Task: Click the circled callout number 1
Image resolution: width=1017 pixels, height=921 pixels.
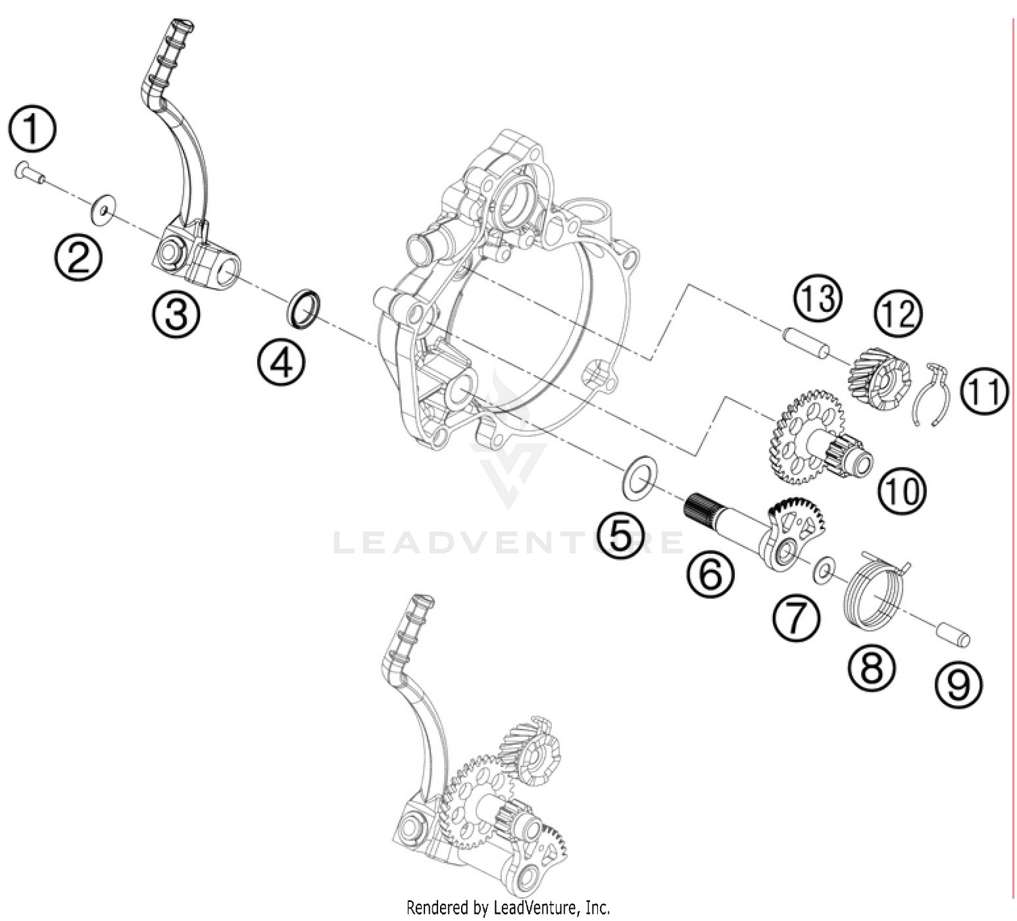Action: pyautogui.click(x=32, y=131)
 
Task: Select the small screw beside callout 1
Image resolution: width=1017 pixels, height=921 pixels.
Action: pyautogui.click(x=28, y=174)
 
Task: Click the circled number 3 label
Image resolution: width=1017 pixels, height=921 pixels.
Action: pyautogui.click(x=176, y=313)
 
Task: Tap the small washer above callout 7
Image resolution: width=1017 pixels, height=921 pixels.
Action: pyautogui.click(x=823, y=570)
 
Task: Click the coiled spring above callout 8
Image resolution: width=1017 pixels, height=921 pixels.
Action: pyautogui.click(x=875, y=588)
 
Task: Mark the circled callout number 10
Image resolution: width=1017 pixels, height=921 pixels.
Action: pyautogui.click(x=902, y=490)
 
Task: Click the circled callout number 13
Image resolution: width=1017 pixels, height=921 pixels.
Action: pyautogui.click(x=818, y=298)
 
